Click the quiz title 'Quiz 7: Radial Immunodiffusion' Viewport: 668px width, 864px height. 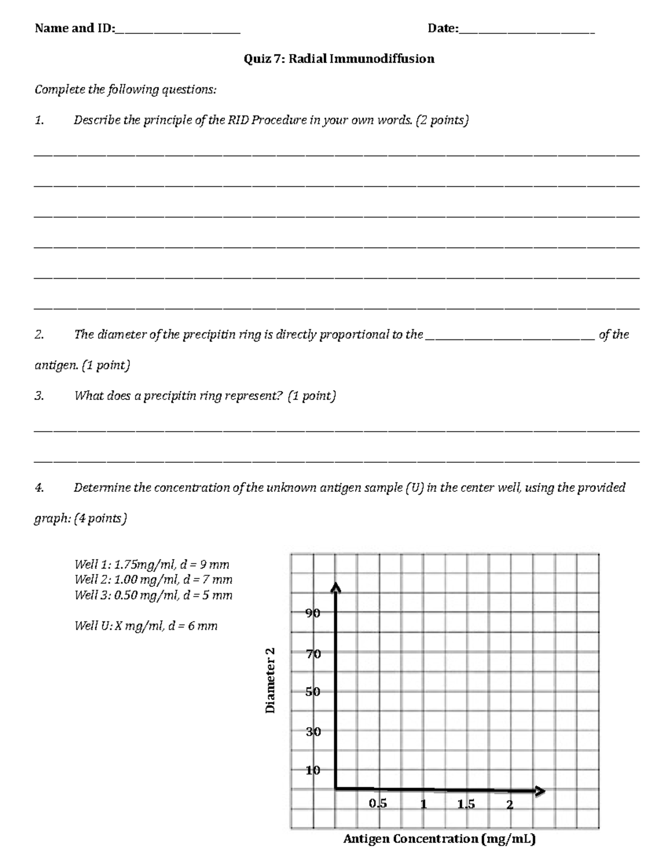339,59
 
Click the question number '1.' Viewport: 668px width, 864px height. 39,120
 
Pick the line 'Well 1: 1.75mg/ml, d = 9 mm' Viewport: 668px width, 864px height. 152,565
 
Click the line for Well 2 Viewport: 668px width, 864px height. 154,580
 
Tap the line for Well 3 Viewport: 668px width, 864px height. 154,595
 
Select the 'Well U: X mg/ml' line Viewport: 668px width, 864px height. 146,626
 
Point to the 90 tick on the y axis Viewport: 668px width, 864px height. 313,614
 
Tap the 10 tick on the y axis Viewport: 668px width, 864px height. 313,771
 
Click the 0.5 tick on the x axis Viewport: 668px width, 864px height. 377,804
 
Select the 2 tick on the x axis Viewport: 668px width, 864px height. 509,804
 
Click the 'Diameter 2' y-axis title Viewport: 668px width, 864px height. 270,680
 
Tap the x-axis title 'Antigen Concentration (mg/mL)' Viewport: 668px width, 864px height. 439,839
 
